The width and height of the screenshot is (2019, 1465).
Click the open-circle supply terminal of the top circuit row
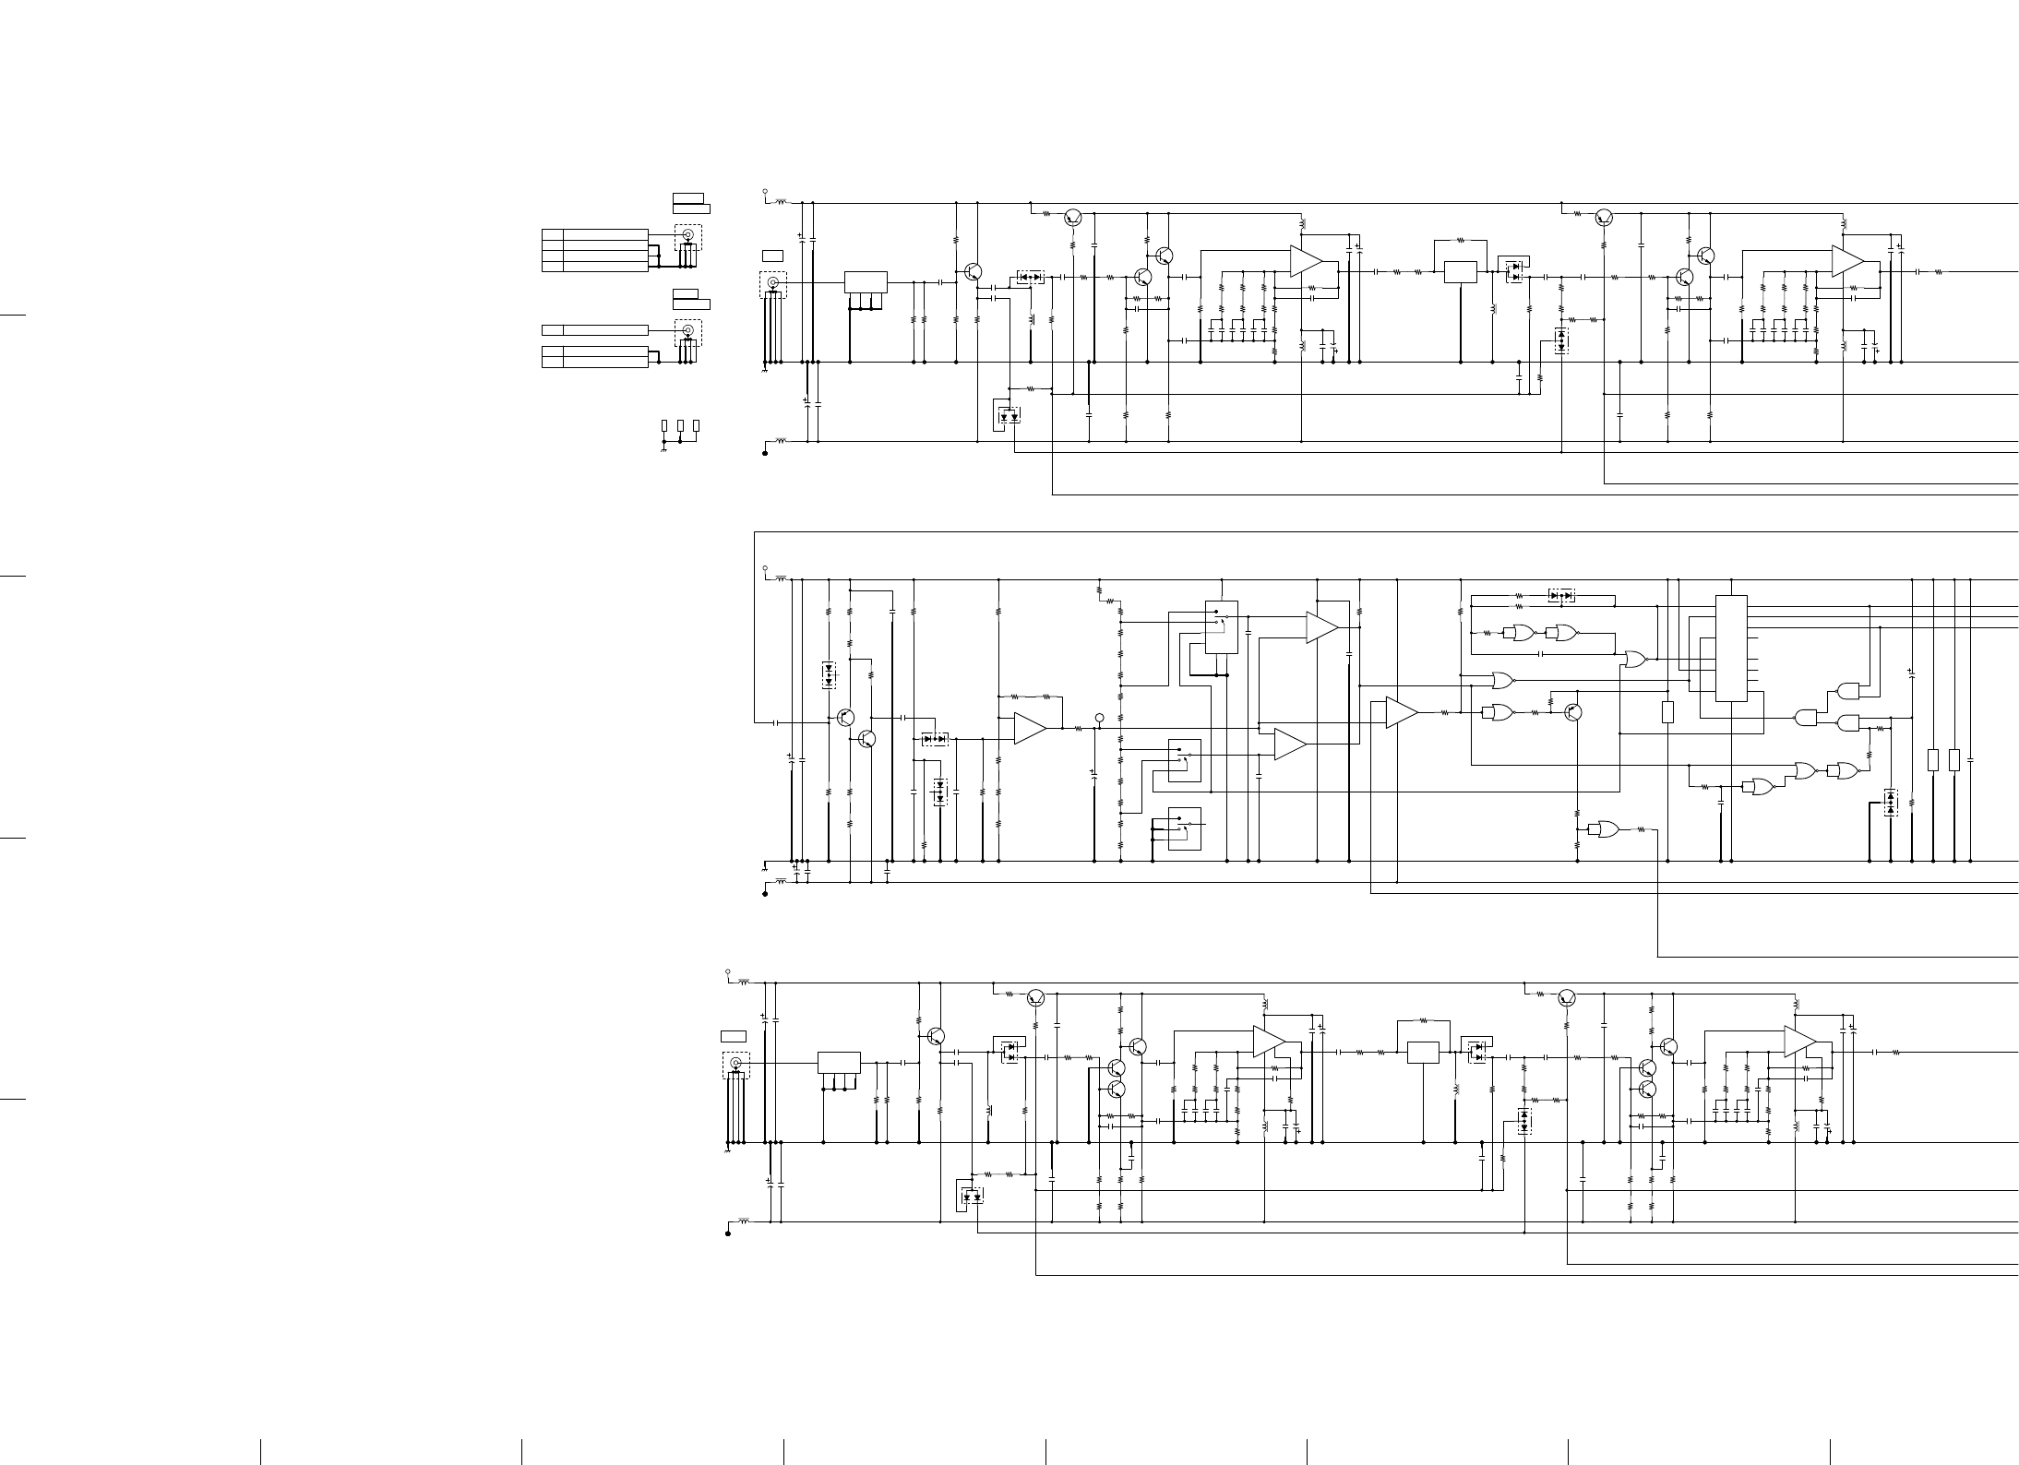[x=765, y=192]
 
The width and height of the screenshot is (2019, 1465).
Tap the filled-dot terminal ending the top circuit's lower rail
[x=765, y=454]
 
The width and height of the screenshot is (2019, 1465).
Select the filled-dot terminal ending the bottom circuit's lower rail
[x=728, y=1233]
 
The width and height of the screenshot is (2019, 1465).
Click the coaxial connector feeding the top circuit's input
[x=772, y=282]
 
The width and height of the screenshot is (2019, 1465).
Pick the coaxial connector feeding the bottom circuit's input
[x=735, y=1063]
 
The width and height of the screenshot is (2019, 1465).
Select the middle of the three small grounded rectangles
[x=680, y=425]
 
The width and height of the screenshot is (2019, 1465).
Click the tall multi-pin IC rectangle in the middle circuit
[x=1730, y=648]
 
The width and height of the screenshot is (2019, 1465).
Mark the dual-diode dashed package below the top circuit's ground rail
[x=1009, y=416]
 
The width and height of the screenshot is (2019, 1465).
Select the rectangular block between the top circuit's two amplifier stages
[x=1460, y=272]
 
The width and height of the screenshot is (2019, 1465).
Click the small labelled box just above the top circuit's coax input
[x=772, y=255]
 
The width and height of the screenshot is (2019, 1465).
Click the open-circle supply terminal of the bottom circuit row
[x=728, y=971]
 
